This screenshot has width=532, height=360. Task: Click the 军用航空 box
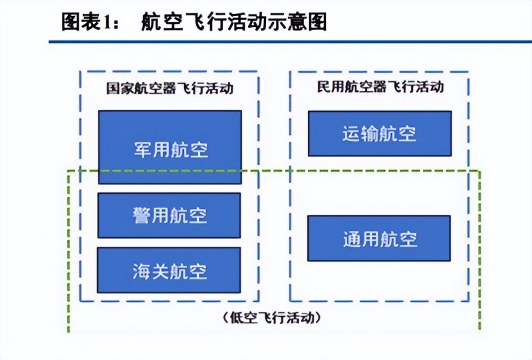click(x=170, y=147)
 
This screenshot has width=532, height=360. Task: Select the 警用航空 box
click(x=170, y=216)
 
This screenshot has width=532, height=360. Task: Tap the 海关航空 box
click(x=169, y=270)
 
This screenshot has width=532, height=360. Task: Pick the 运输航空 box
click(x=380, y=134)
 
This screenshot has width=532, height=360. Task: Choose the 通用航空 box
click(x=379, y=238)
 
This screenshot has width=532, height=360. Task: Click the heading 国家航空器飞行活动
click(x=170, y=89)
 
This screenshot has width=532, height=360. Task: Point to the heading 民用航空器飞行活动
click(x=380, y=87)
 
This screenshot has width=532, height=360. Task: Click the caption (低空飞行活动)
click(x=272, y=318)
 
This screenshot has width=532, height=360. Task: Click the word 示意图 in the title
click(x=297, y=22)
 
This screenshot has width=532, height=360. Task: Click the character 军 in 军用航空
click(x=142, y=150)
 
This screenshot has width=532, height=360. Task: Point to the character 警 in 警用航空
click(x=142, y=216)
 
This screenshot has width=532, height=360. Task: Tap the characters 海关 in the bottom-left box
click(x=151, y=271)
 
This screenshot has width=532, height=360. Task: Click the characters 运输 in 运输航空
click(x=360, y=134)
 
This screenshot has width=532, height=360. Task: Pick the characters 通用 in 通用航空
click(x=361, y=239)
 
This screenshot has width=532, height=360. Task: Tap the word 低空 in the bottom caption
click(x=243, y=318)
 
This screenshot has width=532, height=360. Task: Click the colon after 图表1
click(x=116, y=25)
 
